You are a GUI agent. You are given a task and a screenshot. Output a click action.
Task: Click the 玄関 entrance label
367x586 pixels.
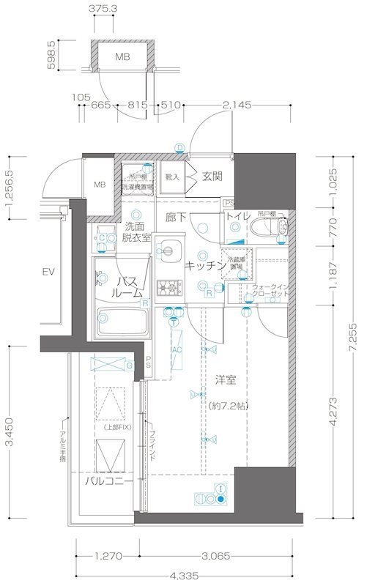(212, 177)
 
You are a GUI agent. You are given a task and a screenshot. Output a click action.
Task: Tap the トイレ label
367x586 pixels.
(238, 216)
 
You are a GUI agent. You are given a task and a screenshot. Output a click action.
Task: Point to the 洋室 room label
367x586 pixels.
(226, 381)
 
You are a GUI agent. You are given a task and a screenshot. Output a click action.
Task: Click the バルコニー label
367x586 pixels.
(108, 482)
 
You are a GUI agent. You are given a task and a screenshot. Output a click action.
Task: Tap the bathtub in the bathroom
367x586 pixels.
(122, 319)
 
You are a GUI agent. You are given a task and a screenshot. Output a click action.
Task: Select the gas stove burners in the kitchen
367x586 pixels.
(170, 286)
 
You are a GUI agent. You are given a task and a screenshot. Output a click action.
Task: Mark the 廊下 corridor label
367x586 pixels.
(176, 217)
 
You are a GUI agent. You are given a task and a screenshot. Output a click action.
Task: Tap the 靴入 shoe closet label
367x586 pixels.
(172, 177)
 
